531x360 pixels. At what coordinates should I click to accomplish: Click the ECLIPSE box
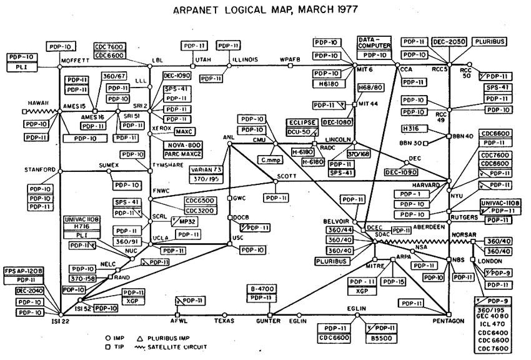click(302, 122)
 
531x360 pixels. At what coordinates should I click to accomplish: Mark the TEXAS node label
click(224, 322)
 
